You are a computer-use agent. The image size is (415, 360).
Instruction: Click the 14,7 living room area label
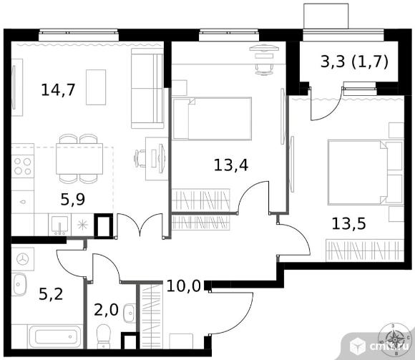point(59,89)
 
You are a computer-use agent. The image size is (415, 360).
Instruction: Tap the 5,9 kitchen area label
point(73,199)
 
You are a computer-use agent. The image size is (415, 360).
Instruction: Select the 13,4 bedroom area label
point(231,165)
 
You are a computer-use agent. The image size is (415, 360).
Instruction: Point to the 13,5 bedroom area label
point(349,223)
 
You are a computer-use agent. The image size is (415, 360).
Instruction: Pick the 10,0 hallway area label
point(184,286)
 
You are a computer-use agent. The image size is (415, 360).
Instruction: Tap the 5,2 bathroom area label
point(51,294)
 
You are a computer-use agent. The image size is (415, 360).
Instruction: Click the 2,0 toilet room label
point(106,310)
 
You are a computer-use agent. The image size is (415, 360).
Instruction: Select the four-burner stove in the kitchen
point(23,166)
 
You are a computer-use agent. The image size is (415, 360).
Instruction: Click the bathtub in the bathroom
point(55,336)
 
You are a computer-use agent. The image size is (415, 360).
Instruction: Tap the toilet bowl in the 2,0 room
point(104,336)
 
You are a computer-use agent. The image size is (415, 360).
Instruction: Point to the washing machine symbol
point(23,259)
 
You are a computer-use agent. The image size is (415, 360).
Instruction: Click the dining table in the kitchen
point(79,159)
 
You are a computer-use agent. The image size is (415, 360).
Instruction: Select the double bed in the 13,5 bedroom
point(366,172)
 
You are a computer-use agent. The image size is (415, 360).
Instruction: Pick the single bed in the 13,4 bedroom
point(212,119)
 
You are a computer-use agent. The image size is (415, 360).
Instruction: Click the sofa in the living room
point(147,89)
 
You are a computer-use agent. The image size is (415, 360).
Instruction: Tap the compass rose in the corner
point(395,339)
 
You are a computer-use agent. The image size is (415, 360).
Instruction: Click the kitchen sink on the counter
point(60,225)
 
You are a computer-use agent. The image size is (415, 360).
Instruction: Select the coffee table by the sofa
point(96,87)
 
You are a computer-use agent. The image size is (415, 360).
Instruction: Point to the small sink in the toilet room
point(130,313)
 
